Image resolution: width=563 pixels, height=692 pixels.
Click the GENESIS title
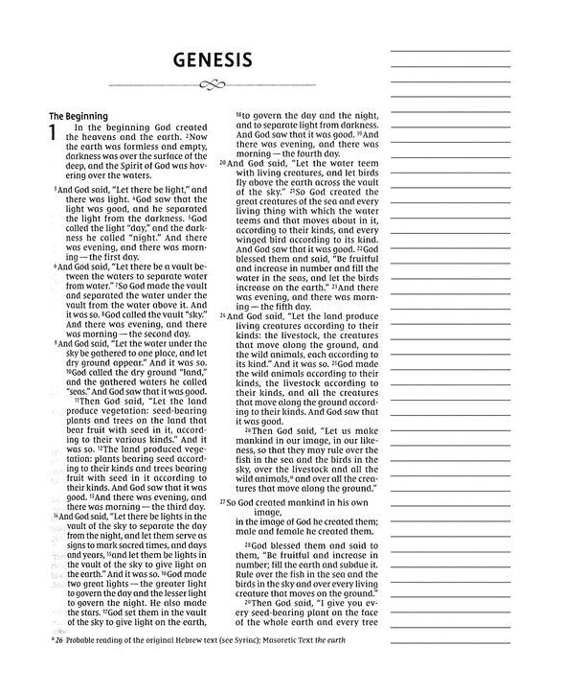212,61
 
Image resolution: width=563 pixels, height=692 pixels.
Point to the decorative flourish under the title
212,86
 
